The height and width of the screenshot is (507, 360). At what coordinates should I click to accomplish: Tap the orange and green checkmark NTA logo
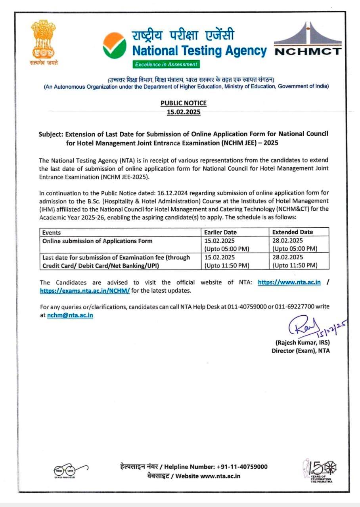[x=114, y=45]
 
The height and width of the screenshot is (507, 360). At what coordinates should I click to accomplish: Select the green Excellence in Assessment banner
[x=166, y=64]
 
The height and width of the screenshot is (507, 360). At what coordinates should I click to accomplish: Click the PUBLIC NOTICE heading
[x=184, y=103]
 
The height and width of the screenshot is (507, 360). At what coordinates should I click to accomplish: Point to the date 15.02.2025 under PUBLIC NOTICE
[x=184, y=112]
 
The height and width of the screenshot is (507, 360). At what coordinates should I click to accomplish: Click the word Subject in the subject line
[x=51, y=134]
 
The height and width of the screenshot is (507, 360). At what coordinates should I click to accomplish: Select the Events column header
[x=52, y=233]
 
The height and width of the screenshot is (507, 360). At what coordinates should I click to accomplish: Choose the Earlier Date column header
[x=220, y=232]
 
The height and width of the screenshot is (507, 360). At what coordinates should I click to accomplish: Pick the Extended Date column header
[x=293, y=232]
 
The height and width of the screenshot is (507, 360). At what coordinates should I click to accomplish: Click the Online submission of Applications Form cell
[x=98, y=241]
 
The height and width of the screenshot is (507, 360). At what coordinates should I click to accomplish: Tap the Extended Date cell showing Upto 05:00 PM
[x=295, y=249]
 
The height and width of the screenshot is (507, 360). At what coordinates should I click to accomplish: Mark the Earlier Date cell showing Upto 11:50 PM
[x=227, y=265]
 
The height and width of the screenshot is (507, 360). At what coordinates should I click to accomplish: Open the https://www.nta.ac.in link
[x=289, y=282]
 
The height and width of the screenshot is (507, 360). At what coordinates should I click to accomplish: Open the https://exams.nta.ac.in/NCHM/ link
[x=85, y=291]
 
